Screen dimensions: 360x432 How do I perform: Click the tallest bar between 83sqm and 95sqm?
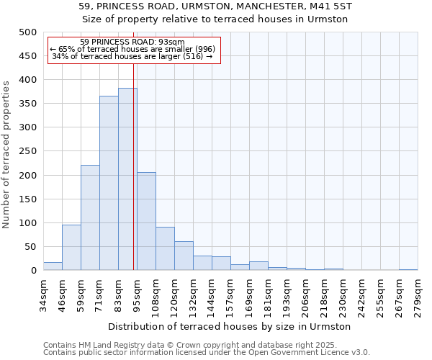127,179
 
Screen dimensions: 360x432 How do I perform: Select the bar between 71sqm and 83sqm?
109,184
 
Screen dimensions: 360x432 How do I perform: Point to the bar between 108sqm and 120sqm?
165,249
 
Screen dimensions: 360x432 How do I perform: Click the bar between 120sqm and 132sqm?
184,256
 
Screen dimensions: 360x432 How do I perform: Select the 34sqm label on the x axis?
44,294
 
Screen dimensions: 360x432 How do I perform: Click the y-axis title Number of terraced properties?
7,154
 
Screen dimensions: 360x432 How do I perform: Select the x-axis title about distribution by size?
230,327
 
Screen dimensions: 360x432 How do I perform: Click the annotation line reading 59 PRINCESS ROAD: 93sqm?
132,42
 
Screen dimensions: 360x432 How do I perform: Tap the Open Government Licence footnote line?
207,352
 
